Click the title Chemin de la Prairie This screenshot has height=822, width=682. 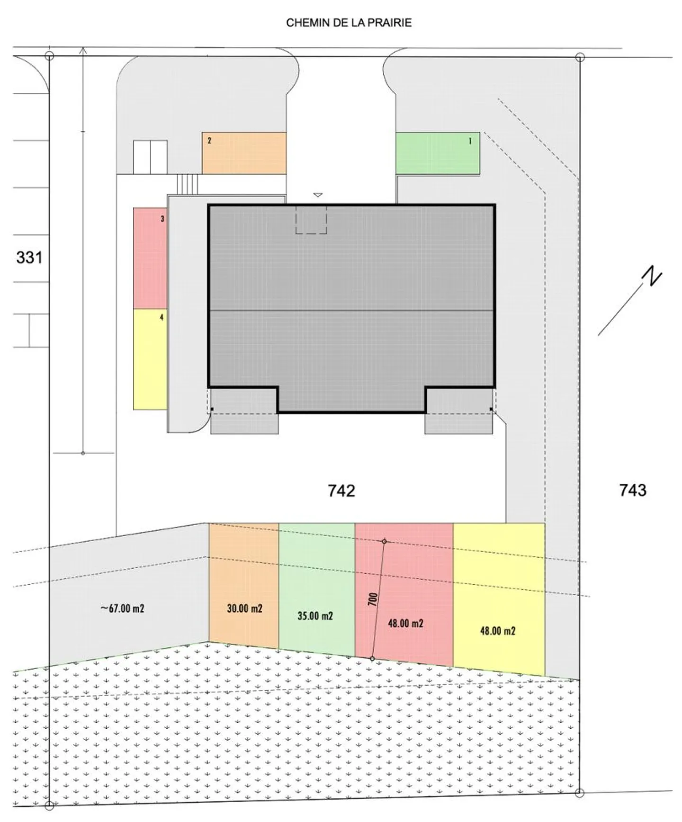click(349, 23)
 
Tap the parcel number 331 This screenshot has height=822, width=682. click(29, 258)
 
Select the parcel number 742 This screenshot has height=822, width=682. click(341, 491)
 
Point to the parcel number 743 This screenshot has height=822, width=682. click(633, 490)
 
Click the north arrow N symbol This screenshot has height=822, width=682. click(653, 277)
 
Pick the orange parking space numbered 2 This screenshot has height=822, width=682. click(244, 153)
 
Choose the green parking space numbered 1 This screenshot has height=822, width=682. click(437, 153)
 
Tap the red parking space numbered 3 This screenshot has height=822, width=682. click(150, 258)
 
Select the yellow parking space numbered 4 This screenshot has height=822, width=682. click(150, 359)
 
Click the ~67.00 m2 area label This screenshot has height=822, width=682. click(122, 608)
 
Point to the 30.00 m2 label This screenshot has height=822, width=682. click(244, 608)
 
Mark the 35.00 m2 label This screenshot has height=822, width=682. click(315, 616)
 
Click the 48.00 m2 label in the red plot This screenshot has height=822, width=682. click(405, 624)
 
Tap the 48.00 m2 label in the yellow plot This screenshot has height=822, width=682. click(497, 631)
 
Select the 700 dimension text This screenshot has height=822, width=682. click(373, 599)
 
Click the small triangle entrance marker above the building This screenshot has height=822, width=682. click(318, 195)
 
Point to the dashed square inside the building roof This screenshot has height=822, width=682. click(311, 219)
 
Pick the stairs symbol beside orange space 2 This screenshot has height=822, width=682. click(187, 184)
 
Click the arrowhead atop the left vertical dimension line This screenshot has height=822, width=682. click(83, 49)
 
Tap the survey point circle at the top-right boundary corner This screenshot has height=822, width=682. click(580, 57)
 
